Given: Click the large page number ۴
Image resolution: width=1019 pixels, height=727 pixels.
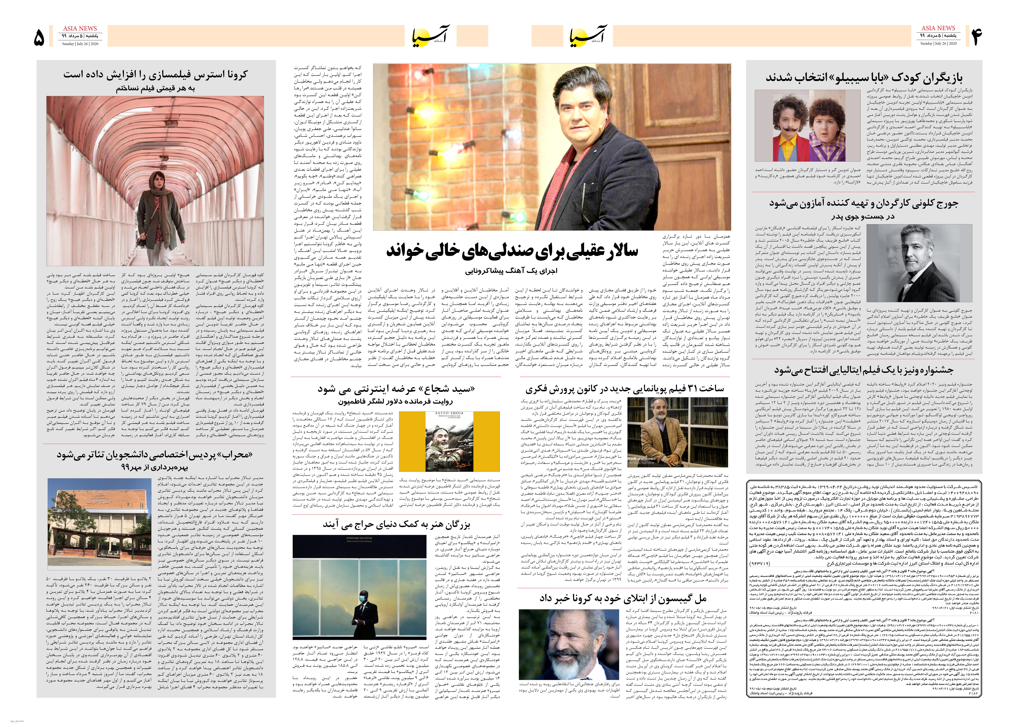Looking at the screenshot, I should point(976,37).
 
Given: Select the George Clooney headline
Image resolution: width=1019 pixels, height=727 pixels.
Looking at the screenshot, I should point(863,204).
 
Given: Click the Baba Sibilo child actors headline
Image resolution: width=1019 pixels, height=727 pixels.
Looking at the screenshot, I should point(863,77).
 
